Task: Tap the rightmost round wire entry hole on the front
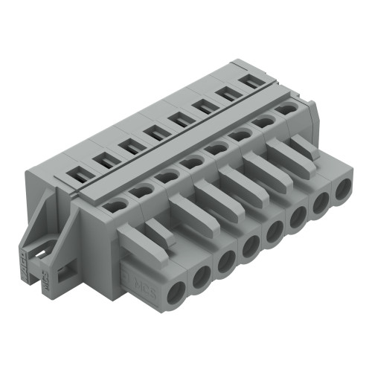(x=341, y=189)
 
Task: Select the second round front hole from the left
(x=202, y=277)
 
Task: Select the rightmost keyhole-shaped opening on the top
(x=286, y=109)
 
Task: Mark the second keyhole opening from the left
(x=141, y=192)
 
